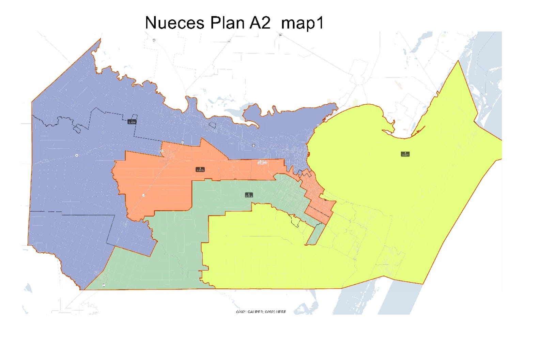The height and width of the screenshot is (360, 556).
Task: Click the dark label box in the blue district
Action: [x=132, y=121]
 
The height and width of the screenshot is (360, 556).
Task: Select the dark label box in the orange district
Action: [x=200, y=169]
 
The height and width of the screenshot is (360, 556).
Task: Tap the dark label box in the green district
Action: [x=249, y=195]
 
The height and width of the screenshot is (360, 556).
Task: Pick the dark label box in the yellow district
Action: [x=405, y=154]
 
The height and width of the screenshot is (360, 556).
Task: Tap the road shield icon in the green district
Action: [x=104, y=286]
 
